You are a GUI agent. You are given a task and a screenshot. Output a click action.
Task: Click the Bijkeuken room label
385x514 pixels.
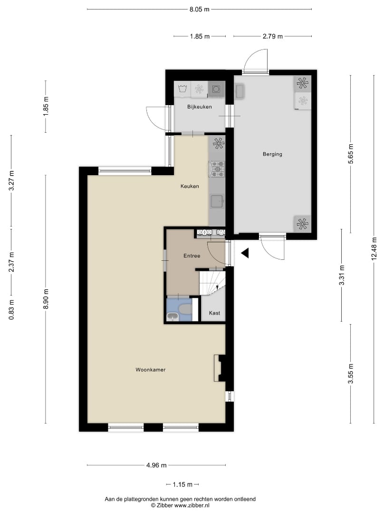pos(199,107)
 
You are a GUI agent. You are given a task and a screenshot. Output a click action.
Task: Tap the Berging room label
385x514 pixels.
pos(272,154)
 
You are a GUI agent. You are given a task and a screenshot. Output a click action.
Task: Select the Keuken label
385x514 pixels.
pos(190,186)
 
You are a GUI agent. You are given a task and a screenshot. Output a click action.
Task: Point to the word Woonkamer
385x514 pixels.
pos(151,370)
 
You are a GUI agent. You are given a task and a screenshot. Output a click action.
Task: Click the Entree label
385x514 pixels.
pos(192,256)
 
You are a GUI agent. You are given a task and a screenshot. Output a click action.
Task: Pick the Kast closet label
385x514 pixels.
pos(215,313)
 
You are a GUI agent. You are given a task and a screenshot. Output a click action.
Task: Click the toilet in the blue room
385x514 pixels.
pos(185,309)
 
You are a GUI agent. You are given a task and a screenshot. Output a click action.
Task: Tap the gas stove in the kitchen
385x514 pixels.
pos(217,169)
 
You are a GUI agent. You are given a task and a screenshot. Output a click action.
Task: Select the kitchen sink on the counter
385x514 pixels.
pos(217,201)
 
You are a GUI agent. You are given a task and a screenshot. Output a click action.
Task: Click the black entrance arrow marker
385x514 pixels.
pos(245,253)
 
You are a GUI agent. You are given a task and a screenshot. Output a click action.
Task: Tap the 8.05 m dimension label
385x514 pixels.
pos(199,9)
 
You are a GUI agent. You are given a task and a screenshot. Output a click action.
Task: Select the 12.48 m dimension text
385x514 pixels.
pos(374,249)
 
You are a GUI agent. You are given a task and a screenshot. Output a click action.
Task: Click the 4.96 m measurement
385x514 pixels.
pos(156,465)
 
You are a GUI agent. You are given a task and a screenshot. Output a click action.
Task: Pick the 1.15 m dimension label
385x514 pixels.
pos(183,484)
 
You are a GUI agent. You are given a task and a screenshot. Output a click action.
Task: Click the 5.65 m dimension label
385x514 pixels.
pos(351,154)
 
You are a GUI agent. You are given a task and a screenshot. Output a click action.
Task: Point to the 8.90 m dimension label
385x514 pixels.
pos(46,299)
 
